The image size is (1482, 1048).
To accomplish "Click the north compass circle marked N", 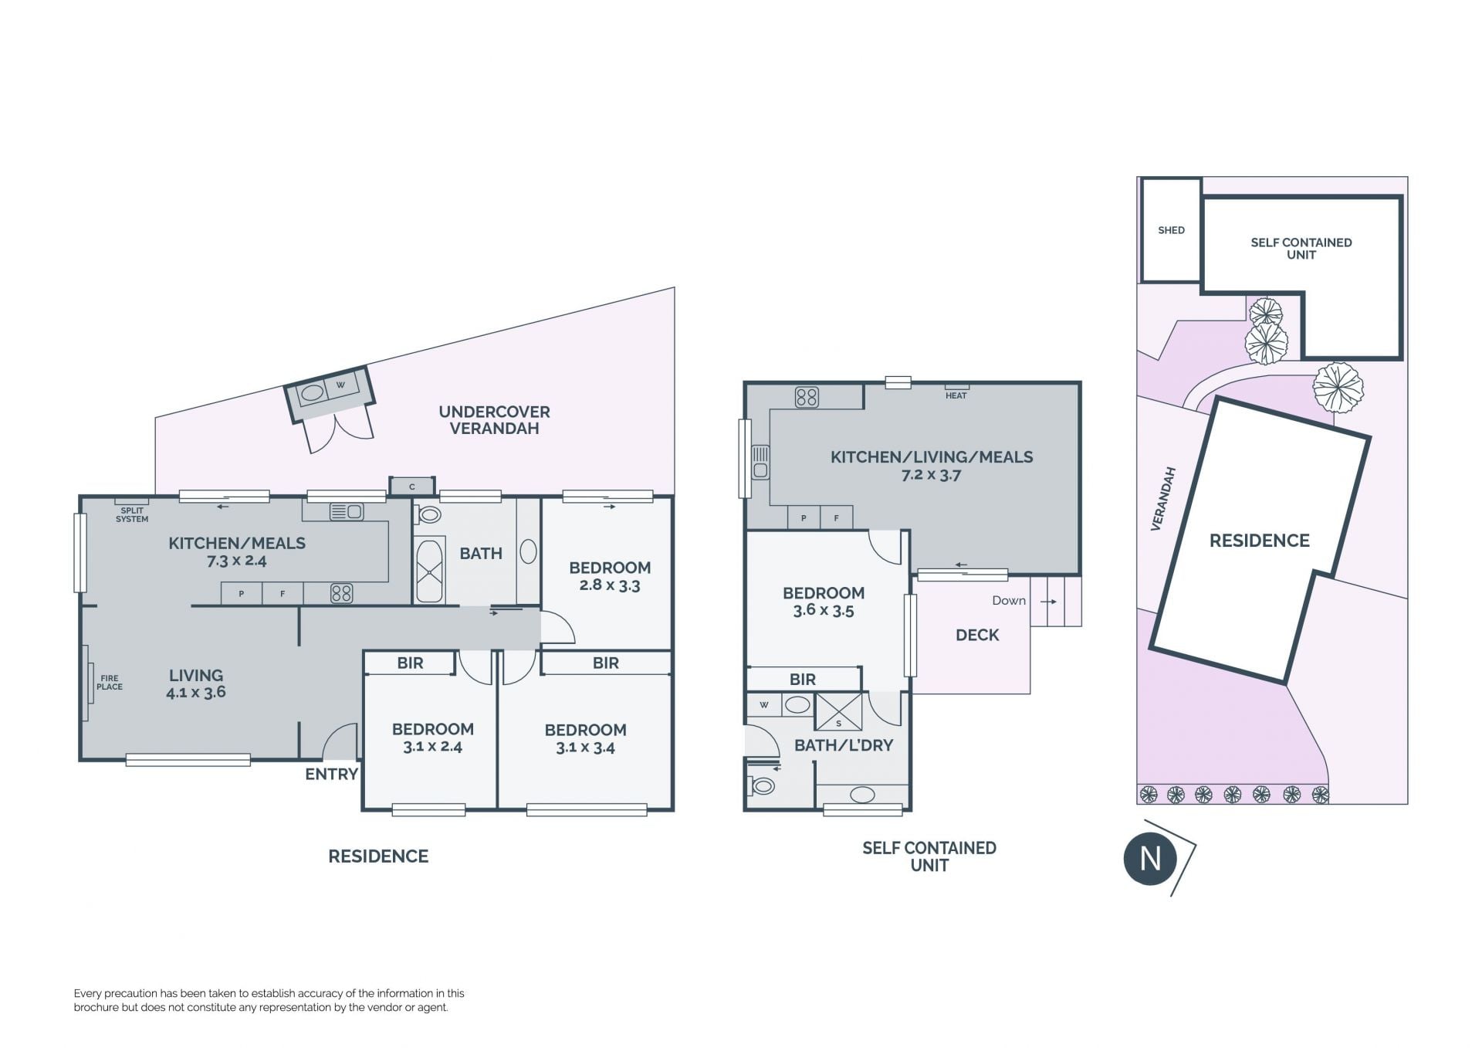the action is click(x=1150, y=859).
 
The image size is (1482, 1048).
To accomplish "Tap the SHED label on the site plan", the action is click(x=1171, y=230).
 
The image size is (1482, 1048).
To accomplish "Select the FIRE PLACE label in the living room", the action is click(x=110, y=683).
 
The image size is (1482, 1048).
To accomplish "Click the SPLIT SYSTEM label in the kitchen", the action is click(x=132, y=515).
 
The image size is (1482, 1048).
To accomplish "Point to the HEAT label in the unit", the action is click(x=956, y=395).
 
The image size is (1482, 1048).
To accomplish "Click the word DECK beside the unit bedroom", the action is click(x=977, y=635).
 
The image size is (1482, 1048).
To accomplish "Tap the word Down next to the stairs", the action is click(x=1009, y=601).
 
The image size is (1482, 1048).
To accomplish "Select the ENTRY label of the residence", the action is click(x=332, y=774).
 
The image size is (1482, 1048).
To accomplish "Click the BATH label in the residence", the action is click(x=481, y=553).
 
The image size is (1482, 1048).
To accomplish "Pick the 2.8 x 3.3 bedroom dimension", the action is click(x=610, y=585).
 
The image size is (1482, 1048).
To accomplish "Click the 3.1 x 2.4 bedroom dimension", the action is click(x=432, y=747).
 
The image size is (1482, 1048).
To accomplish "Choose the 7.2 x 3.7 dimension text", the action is click(x=932, y=475).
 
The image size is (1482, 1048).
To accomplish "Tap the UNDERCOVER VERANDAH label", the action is click(x=494, y=420).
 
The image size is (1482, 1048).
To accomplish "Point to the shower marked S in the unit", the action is click(x=839, y=712).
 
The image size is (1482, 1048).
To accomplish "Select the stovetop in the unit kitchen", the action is click(x=807, y=397).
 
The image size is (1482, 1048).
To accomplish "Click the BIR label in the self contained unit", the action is click(x=803, y=680).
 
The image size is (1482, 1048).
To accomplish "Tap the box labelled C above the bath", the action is click(x=411, y=487).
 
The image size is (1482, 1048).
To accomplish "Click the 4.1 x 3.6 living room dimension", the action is click(x=196, y=693).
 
